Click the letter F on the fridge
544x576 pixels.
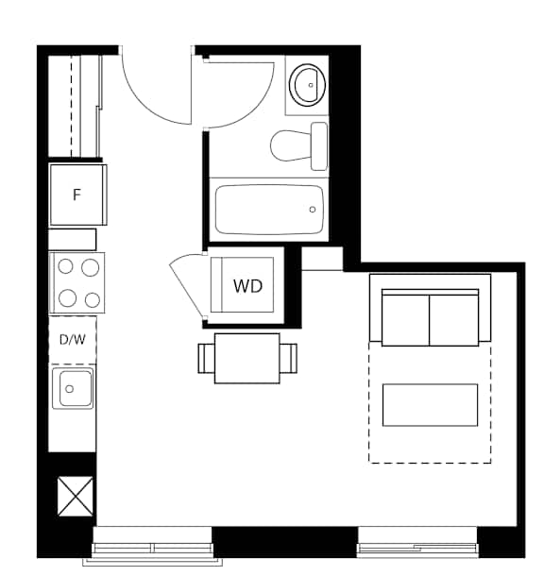click(76, 195)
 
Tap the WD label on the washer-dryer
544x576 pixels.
click(248, 286)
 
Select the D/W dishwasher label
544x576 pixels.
click(73, 340)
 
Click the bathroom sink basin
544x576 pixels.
click(307, 85)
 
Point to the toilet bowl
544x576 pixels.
click(291, 145)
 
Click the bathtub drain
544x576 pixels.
click(313, 210)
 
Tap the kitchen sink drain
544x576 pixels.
click(69, 389)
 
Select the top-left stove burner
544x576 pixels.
click(66, 266)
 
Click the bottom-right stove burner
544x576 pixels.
click(93, 299)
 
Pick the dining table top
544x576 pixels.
click(247, 358)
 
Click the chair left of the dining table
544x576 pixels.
click(206, 359)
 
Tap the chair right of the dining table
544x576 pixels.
click(288, 359)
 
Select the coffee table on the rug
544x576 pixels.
click(430, 405)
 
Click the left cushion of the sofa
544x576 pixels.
click(405, 319)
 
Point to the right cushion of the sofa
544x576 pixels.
click(454, 319)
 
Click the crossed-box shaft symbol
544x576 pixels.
click(76, 496)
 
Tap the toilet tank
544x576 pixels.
click(319, 146)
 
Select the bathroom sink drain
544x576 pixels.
click(311, 85)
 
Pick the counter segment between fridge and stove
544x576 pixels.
click(73, 240)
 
